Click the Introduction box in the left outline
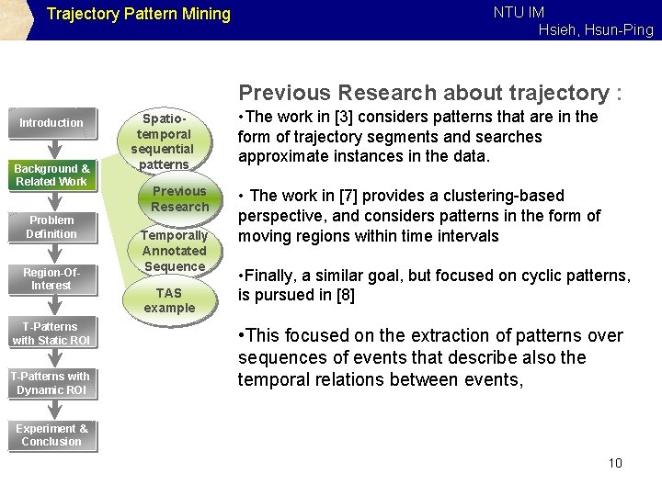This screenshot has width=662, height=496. coord(51,123)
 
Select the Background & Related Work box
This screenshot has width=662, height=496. coord(51,175)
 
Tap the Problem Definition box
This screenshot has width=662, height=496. coord(51,227)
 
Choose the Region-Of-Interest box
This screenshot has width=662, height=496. coord(51,278)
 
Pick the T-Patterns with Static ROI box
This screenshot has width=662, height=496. coord(51,333)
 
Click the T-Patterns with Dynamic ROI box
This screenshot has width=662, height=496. coord(51,382)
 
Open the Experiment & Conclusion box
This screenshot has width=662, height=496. coord(51,434)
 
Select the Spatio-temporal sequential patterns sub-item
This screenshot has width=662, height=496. coord(162,141)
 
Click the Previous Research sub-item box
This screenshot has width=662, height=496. coord(179,198)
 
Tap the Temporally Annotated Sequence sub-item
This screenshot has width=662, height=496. coord(174,251)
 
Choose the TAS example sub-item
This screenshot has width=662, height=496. coord(169,299)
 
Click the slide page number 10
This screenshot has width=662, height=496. coord(615,462)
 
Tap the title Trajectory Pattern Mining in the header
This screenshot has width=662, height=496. coord(138,15)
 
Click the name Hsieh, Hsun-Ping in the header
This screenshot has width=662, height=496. coord(596,30)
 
